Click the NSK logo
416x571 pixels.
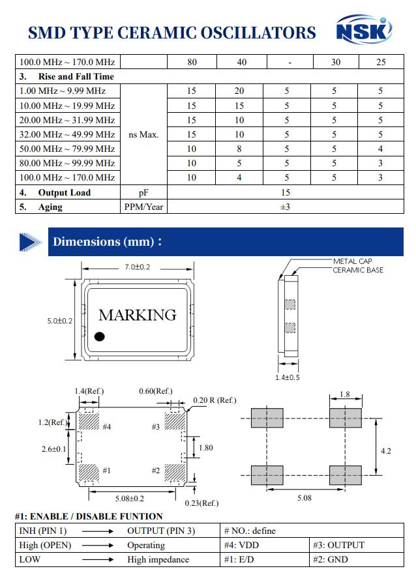point(364,31)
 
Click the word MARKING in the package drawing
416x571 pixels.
point(137,315)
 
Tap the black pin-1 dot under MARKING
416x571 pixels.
point(99,336)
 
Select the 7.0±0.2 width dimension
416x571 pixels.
point(137,267)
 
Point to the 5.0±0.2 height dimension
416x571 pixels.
point(59,321)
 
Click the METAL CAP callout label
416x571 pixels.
point(353,261)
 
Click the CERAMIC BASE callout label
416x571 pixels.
point(358,270)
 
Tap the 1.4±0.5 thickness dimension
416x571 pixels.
point(287,377)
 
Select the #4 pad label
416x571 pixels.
point(106,427)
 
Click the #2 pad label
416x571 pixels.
point(156,470)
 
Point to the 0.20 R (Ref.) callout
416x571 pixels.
point(215,400)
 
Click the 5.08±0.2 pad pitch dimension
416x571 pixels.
point(130,499)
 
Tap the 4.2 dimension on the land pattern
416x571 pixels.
point(385,451)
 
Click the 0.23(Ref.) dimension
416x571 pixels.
point(201,503)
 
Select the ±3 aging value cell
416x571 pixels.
point(285,207)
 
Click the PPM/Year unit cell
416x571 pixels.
point(144,207)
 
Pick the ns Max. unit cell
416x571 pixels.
point(144,135)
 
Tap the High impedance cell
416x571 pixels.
point(158,559)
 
